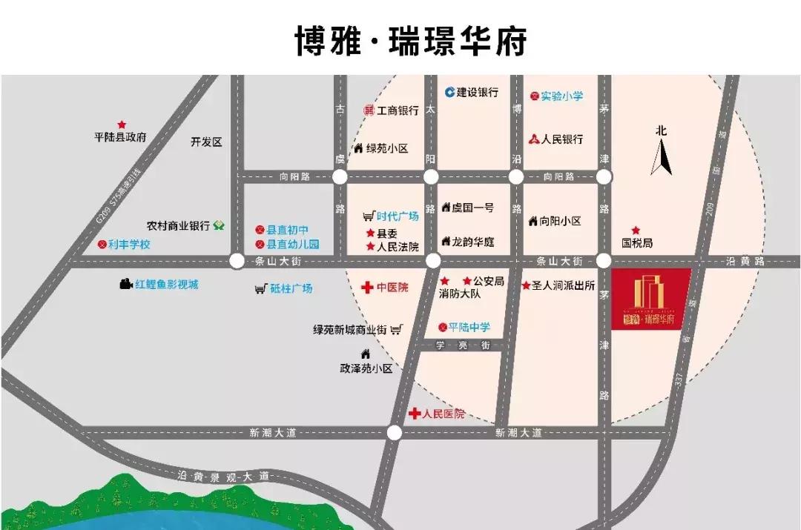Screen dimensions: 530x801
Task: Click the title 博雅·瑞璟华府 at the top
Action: (x=410, y=41)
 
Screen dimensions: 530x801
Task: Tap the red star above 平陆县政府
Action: (x=122, y=125)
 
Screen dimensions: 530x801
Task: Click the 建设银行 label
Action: (x=477, y=93)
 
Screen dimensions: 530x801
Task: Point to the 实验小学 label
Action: (x=561, y=96)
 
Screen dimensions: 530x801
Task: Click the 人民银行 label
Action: (x=561, y=139)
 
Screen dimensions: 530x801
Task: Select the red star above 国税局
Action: (x=636, y=231)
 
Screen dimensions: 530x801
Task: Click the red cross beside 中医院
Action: (x=366, y=287)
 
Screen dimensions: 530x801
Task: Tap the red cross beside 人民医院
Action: (x=415, y=414)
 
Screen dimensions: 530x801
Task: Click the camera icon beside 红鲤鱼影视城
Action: (x=125, y=284)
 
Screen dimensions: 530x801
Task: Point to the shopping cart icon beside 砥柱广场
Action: (x=260, y=288)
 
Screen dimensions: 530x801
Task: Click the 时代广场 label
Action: (x=397, y=216)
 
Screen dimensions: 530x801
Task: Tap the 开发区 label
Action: (x=206, y=142)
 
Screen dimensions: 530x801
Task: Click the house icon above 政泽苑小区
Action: (x=365, y=354)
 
